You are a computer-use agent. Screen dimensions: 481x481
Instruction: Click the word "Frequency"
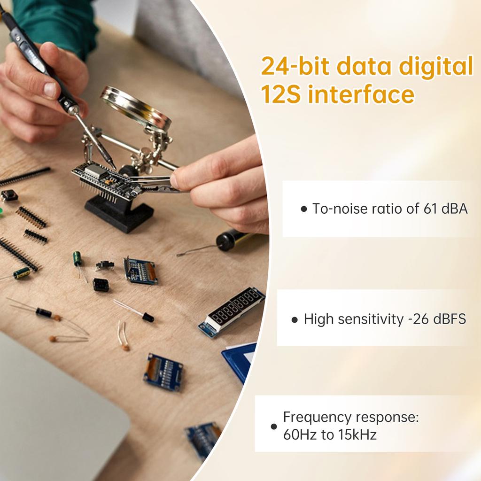[x=317, y=417]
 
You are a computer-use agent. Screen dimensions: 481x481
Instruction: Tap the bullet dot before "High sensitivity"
[x=295, y=320]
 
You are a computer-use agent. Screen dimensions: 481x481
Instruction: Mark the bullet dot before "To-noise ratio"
[x=303, y=209]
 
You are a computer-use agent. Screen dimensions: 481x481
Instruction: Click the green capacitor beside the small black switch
[x=77, y=258]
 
